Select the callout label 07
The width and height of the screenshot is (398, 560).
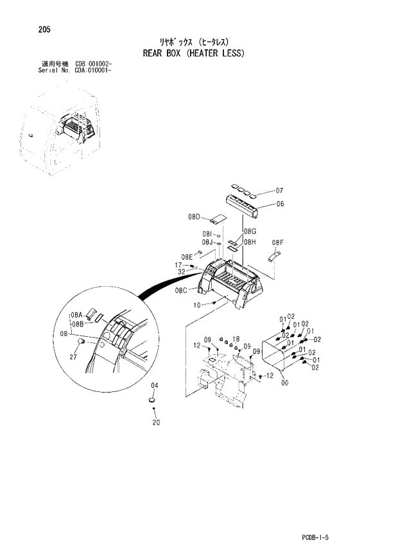pyautogui.click(x=279, y=191)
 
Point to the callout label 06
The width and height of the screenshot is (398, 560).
pyautogui.click(x=279, y=204)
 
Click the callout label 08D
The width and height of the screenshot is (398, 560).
pyautogui.click(x=195, y=217)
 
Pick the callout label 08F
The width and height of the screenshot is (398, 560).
pyautogui.click(x=277, y=242)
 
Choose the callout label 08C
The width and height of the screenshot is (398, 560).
pyautogui.click(x=181, y=290)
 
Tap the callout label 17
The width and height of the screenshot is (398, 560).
pyautogui.click(x=179, y=265)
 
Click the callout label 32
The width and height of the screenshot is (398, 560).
pyautogui.click(x=181, y=273)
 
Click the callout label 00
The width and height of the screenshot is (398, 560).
pyautogui.click(x=284, y=383)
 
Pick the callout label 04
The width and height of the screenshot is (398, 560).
pyautogui.click(x=154, y=386)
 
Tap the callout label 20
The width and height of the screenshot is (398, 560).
pyautogui.click(x=155, y=422)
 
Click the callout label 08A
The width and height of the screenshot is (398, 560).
pyautogui.click(x=77, y=315)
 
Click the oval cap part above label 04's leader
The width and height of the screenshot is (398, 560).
pyautogui.click(x=153, y=401)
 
